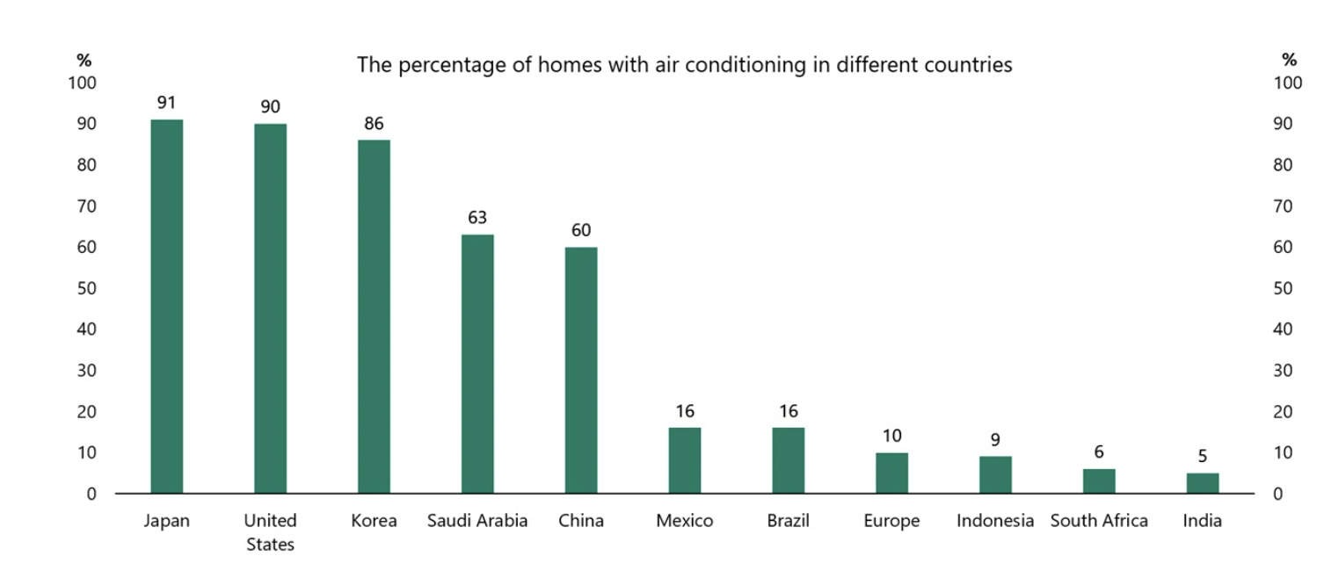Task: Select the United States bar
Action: (x=270, y=308)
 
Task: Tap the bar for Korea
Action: (x=374, y=316)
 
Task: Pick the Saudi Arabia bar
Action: (x=477, y=364)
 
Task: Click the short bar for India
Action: (x=1203, y=483)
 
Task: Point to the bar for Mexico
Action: (x=685, y=460)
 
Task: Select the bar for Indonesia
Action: (x=995, y=474)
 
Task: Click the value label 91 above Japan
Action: (x=167, y=103)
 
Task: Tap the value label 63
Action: (x=477, y=218)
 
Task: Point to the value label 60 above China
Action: (x=581, y=231)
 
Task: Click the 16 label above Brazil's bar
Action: (x=789, y=411)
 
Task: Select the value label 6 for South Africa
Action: (x=1099, y=452)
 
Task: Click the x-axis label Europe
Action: (x=891, y=521)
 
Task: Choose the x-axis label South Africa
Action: (x=1099, y=521)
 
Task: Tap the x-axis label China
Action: (x=581, y=521)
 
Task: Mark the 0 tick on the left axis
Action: (x=91, y=494)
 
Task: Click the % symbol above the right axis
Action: (x=1289, y=61)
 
